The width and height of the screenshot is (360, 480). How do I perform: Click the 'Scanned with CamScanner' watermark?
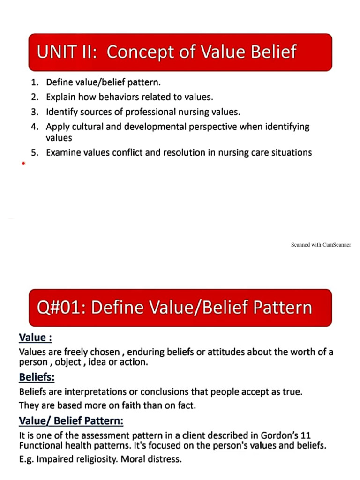tap(321, 245)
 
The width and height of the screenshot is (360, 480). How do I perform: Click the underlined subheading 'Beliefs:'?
tap(37, 376)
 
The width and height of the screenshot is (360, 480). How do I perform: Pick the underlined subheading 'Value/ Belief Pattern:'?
tap(71, 421)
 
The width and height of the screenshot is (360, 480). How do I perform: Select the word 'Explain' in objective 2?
tap(60, 97)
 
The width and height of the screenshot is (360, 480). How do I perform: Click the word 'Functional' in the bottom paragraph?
tap(41, 446)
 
